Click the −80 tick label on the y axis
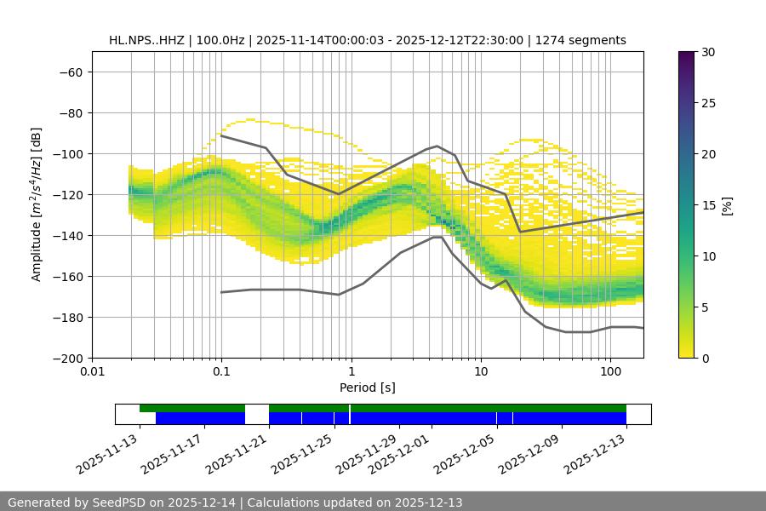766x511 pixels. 70,112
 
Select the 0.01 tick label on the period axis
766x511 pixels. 92,372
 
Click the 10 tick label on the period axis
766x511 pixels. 481,372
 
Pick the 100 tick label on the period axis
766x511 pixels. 610,372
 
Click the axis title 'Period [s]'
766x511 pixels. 368,388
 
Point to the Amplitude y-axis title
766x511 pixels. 37,204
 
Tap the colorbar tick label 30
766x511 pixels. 708,52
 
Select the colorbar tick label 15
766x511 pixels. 708,205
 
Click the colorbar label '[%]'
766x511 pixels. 727,205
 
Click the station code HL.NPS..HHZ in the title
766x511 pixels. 149,40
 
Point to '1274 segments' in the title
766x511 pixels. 580,40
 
